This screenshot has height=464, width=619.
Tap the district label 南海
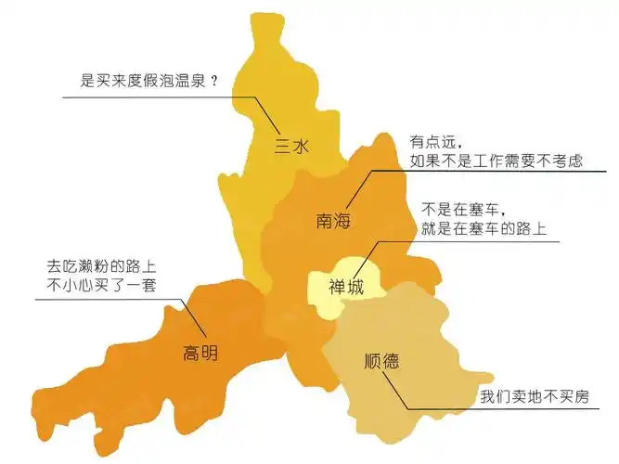tap(334, 220)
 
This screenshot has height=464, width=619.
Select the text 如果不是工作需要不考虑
tap(496, 161)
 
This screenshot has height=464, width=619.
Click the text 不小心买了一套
tap(102, 286)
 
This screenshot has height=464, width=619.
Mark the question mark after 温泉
tap(214, 82)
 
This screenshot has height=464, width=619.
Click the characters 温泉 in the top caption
tap(186, 82)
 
